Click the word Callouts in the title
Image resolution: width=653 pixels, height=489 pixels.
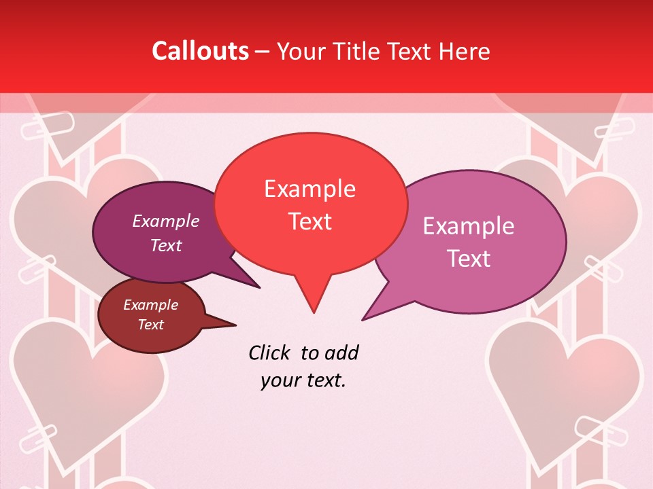(200, 51)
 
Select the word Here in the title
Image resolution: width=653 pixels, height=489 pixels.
(463, 51)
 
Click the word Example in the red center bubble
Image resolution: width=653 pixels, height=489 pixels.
(309, 189)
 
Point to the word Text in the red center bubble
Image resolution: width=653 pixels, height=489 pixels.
(309, 221)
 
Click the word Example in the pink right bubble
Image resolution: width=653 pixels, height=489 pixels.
(469, 226)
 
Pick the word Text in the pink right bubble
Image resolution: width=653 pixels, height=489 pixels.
(469, 259)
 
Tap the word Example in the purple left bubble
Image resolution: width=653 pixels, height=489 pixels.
(166, 221)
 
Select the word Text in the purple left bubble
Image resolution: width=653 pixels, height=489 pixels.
(166, 246)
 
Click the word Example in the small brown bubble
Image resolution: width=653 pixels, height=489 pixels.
(150, 305)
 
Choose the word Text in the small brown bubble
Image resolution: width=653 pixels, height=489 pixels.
(150, 325)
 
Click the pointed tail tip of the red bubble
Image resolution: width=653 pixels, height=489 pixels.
(314, 312)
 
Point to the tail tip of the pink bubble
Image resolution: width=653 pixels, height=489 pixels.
(362, 320)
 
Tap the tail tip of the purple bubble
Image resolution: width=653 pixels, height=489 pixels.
(260, 288)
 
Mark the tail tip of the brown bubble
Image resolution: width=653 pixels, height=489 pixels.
(236, 325)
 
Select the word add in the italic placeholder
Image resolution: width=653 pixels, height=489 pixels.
(341, 353)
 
